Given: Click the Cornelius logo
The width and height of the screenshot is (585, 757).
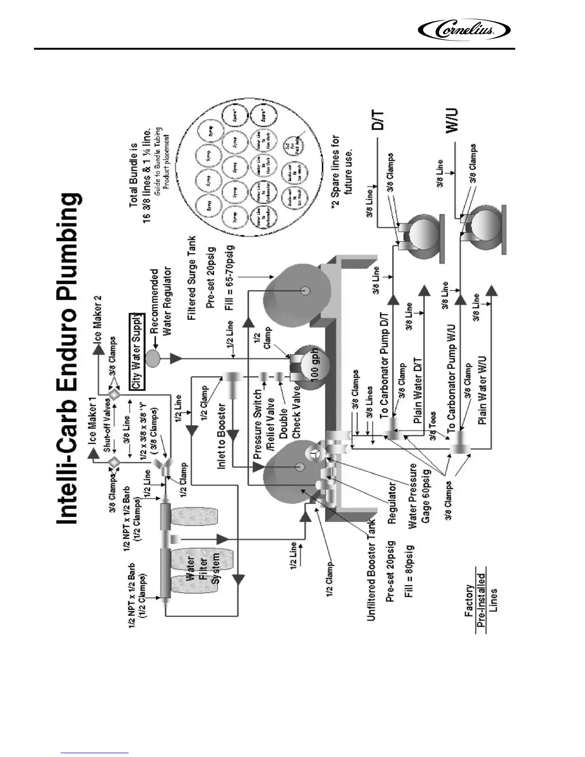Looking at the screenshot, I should pos(464,30).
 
